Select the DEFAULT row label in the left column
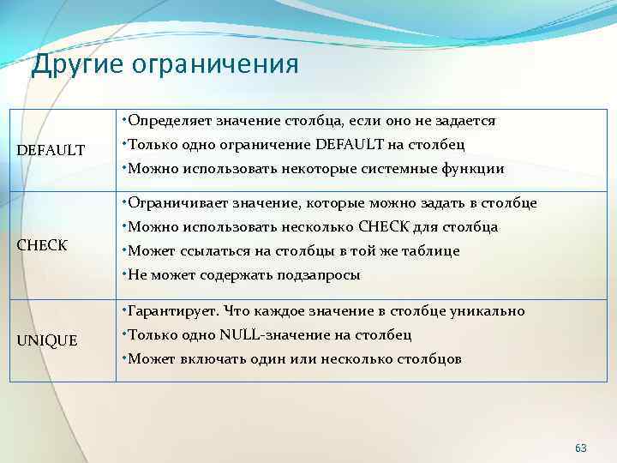(x=51, y=151)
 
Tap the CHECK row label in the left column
(x=43, y=246)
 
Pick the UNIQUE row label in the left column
(x=47, y=341)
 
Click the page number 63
(x=581, y=448)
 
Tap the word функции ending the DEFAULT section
(x=475, y=169)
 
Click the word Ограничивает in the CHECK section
(x=176, y=203)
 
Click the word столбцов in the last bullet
(x=428, y=359)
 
